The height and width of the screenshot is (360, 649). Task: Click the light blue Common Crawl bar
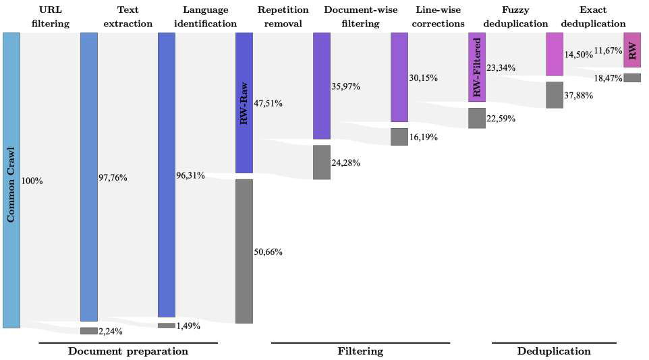11,180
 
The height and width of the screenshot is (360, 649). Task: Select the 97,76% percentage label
113,178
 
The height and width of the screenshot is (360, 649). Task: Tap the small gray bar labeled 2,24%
88,331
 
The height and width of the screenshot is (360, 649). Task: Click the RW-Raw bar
244,102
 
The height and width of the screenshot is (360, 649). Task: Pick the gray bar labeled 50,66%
244,251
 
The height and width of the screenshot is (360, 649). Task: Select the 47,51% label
269,104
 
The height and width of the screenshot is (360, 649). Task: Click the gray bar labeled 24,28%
322,162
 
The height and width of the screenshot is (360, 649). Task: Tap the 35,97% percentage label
346,86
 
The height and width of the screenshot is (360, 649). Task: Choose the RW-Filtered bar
477,67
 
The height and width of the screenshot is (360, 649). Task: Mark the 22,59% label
501,119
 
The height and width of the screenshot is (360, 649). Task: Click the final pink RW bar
632,50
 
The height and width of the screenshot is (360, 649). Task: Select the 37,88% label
579,96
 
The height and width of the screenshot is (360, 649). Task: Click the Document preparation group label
128,351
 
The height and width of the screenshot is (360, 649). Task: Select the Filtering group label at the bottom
360,351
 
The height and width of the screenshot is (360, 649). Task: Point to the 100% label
32,181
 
